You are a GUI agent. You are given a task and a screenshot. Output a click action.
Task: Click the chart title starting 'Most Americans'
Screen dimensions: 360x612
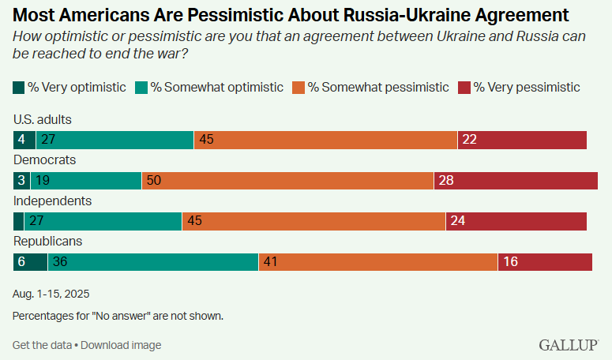(291, 14)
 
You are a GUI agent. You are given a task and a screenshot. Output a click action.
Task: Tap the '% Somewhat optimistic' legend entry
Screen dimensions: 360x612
(210, 87)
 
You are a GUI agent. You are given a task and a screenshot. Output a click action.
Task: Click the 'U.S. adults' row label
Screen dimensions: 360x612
(43, 119)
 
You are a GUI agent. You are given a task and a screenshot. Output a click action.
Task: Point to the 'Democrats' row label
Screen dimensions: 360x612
(44, 159)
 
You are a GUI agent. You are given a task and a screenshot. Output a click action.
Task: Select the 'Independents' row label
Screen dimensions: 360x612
(53, 201)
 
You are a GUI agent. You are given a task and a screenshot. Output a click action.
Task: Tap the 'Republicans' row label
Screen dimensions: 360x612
(48, 241)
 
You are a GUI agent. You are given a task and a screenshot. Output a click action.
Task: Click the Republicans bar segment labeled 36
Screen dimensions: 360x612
(153, 261)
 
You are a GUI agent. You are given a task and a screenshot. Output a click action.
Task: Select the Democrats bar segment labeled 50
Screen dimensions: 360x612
(287, 181)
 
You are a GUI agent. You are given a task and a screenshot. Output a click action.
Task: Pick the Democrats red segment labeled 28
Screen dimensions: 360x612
(516, 181)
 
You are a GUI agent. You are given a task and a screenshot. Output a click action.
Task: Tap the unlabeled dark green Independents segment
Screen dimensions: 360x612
(19, 221)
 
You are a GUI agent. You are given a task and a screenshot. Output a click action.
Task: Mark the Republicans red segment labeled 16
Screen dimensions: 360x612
(545, 261)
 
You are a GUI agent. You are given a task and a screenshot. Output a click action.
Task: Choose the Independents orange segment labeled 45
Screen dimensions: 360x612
(314, 221)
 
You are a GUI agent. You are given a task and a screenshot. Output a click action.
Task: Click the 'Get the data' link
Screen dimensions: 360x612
(42, 345)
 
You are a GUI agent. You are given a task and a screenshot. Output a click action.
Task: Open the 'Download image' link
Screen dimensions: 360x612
(121, 345)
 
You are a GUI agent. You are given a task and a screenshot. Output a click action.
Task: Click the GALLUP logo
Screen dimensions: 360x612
(569, 344)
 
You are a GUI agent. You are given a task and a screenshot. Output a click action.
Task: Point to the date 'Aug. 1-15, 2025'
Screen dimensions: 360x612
(51, 294)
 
